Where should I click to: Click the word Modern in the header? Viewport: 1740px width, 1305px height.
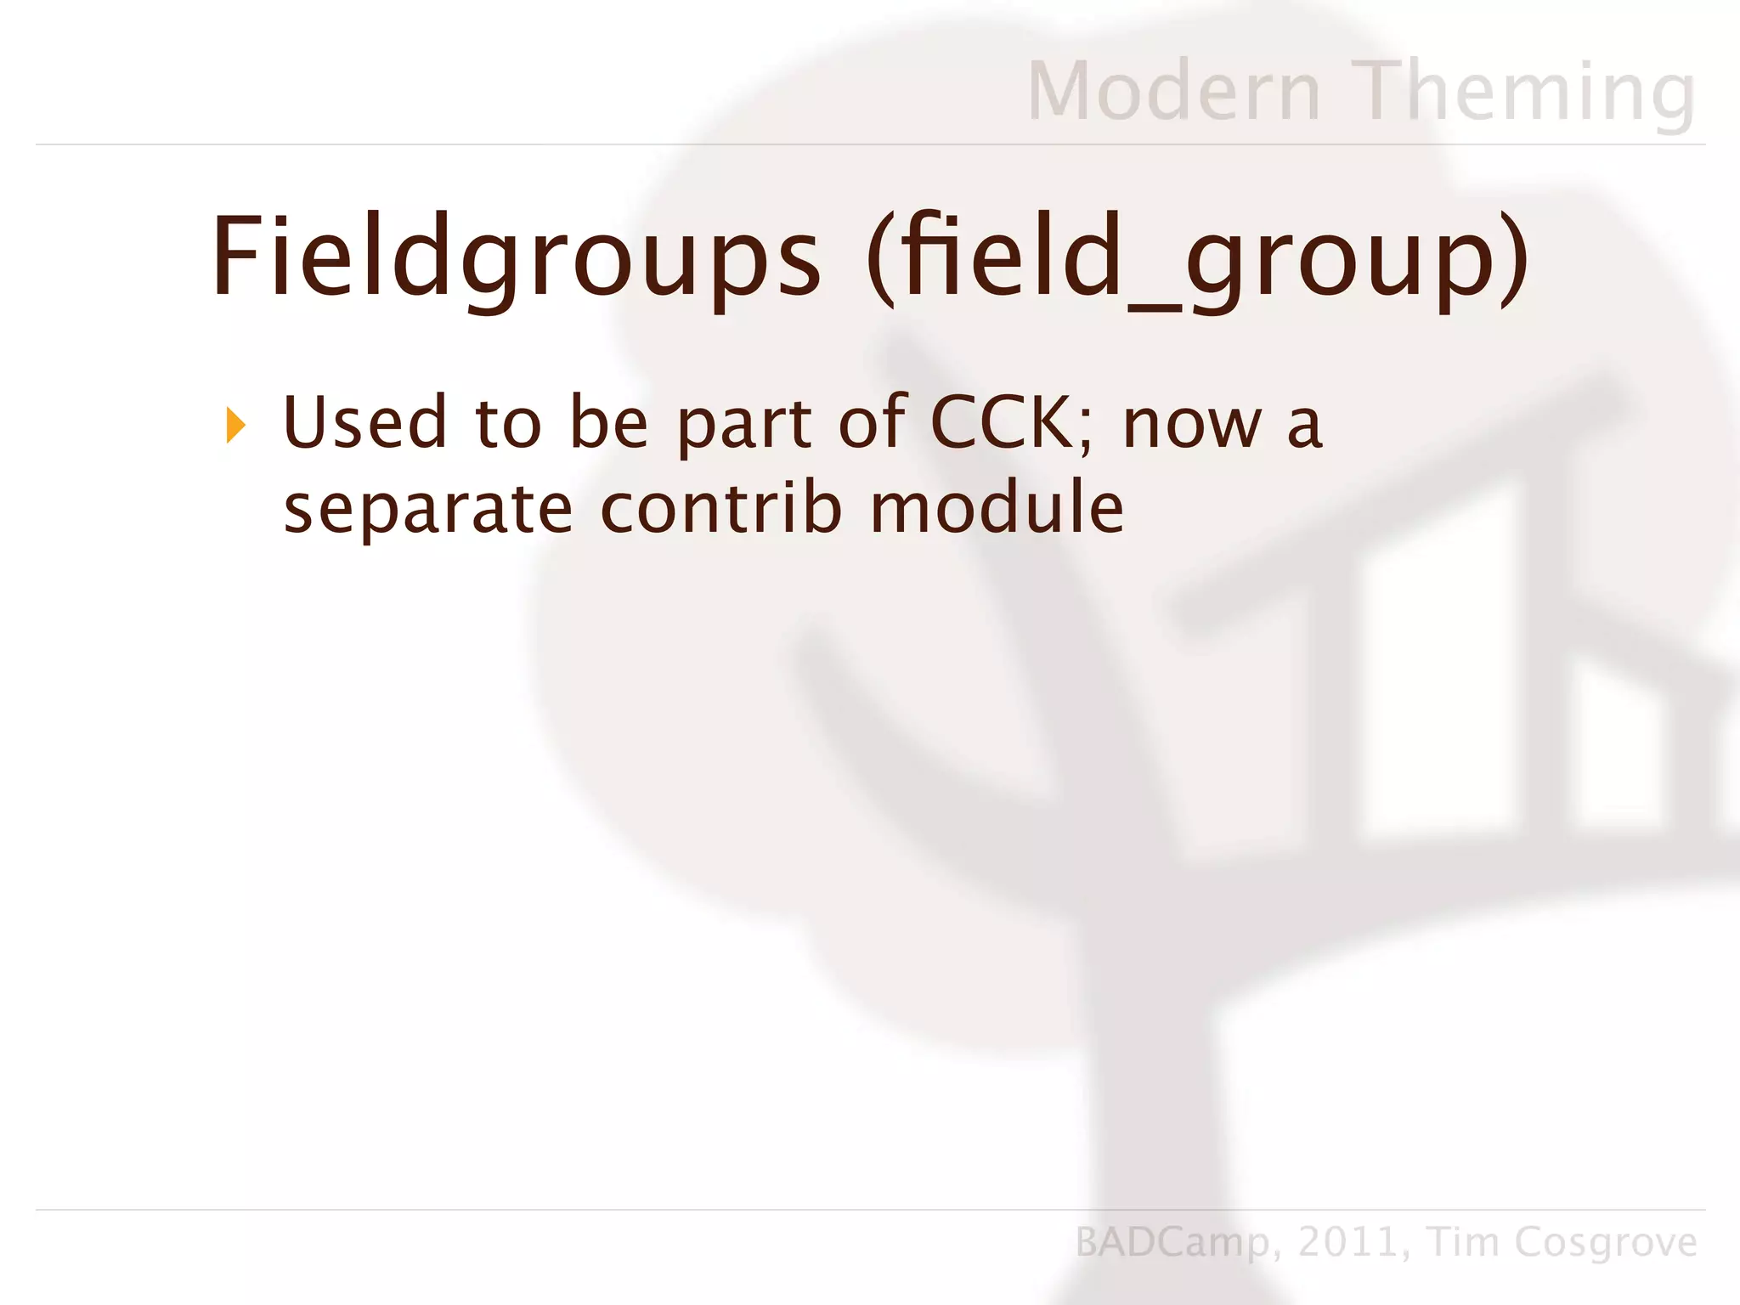(1173, 92)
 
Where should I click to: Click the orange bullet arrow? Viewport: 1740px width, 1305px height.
(235, 425)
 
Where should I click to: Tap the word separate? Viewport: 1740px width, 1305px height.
(427, 510)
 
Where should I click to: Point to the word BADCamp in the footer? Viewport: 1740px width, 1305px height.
(1173, 1243)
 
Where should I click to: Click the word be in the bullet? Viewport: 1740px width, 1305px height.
(608, 422)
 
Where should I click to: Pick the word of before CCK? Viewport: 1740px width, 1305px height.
(873, 422)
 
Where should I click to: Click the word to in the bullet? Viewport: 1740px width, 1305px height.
(507, 424)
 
